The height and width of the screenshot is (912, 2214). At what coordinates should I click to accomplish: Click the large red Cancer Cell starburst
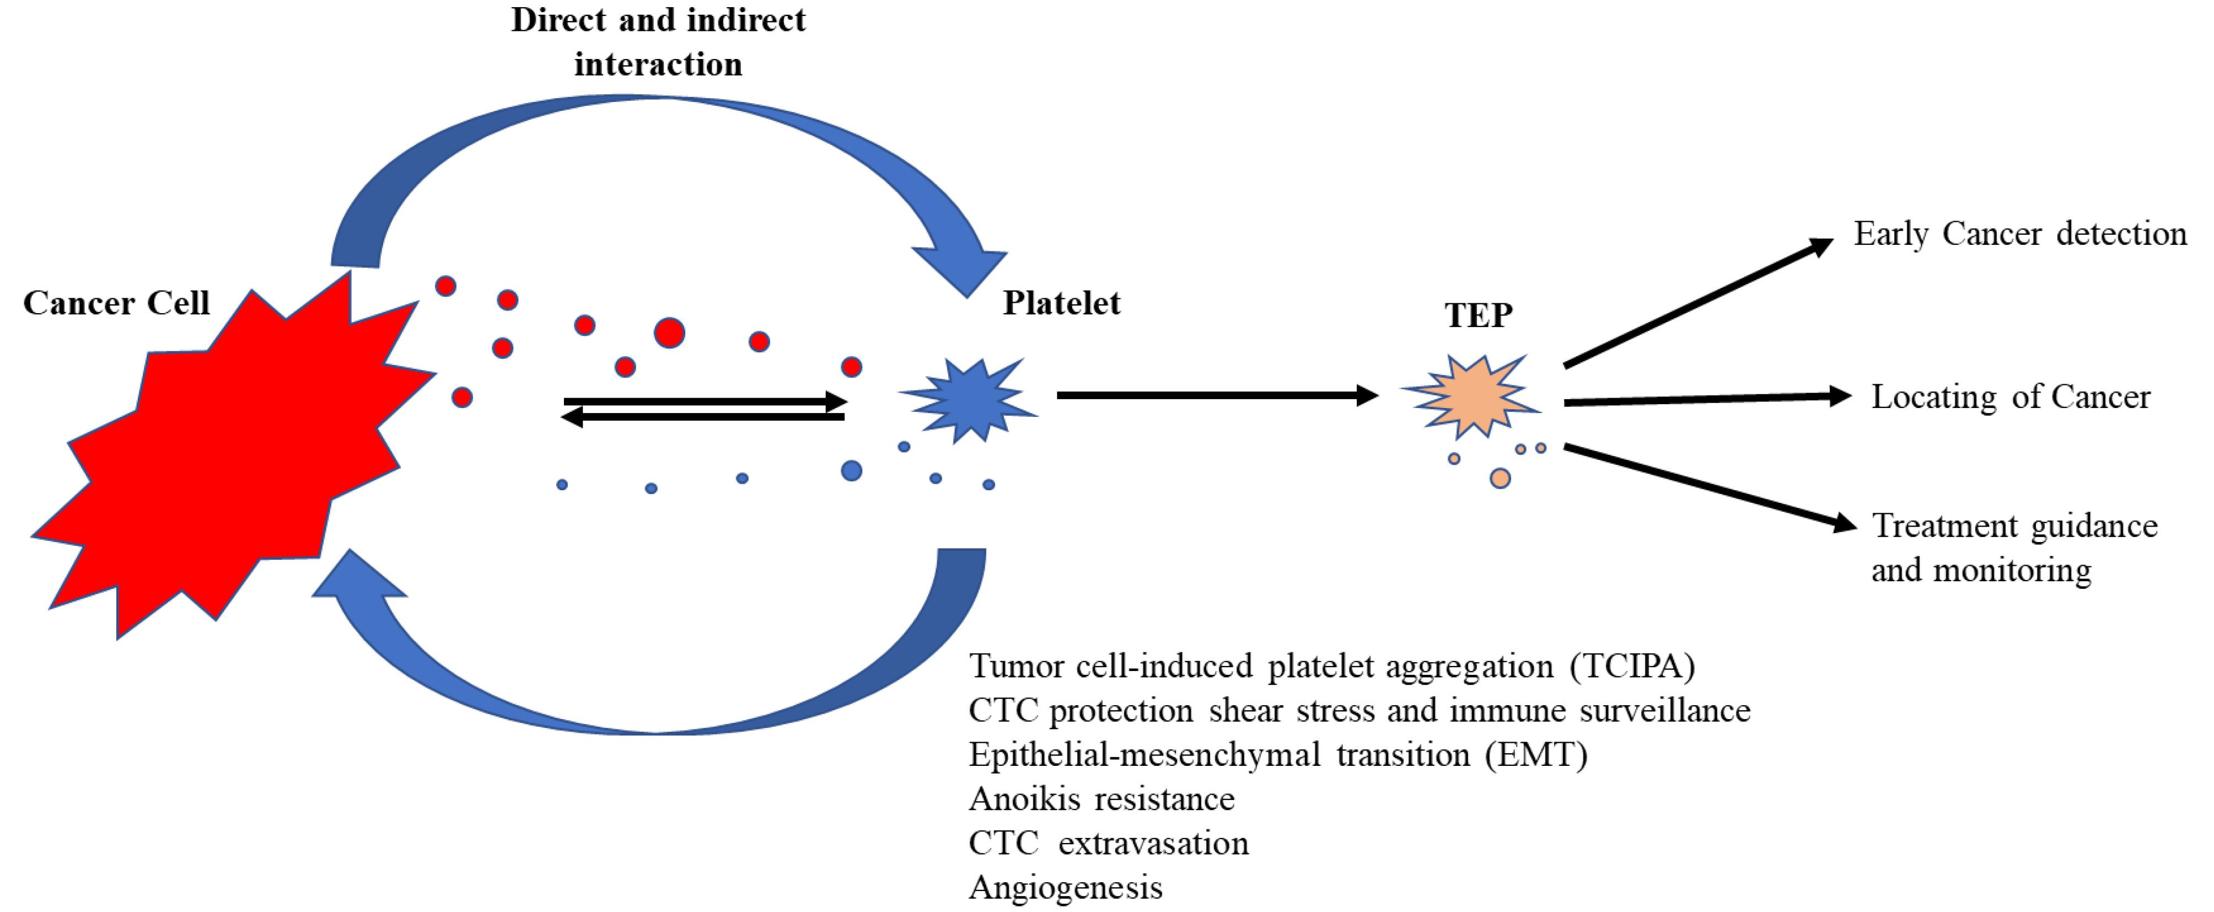click(x=223, y=455)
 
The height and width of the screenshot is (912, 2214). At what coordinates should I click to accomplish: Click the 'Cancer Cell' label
click(x=116, y=303)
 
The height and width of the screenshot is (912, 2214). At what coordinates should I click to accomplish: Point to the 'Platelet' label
click(x=1061, y=303)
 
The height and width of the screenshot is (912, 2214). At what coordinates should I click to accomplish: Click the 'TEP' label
click(x=1478, y=315)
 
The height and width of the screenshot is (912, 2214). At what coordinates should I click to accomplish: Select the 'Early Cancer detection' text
click(x=2020, y=234)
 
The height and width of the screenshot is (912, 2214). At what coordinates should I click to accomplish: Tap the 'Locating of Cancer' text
click(x=2011, y=397)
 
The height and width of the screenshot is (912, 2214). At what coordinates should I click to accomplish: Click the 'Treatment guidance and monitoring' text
click(x=2014, y=548)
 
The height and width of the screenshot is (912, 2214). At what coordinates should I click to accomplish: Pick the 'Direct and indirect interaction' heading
click(x=658, y=41)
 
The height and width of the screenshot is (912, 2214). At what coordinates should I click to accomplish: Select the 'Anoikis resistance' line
click(x=1102, y=798)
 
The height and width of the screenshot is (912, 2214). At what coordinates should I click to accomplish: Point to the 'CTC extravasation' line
click(x=1109, y=843)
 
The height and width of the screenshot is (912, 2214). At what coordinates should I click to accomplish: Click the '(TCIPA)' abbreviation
click(x=1632, y=666)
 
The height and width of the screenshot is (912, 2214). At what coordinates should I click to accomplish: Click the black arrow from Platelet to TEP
click(x=1216, y=395)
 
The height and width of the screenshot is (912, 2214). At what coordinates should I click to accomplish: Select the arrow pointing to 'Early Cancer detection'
click(x=1697, y=303)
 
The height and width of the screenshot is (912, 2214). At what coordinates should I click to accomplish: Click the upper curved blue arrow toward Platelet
click(x=662, y=129)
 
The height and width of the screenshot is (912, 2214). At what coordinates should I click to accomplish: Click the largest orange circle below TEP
click(x=1500, y=479)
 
